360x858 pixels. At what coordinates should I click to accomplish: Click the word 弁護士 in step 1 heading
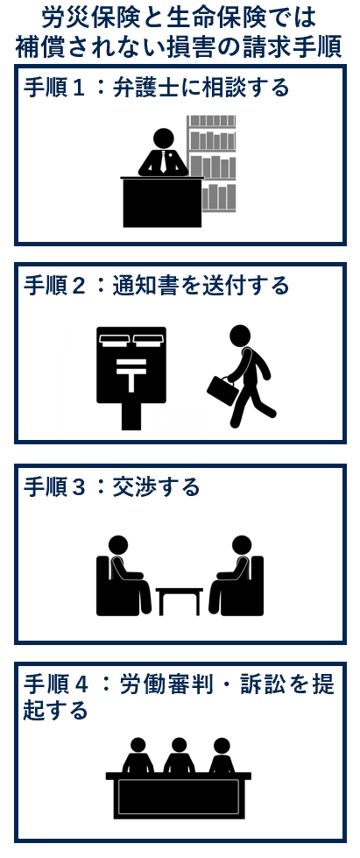pos(142,88)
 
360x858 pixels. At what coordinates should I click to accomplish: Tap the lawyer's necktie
pos(163,162)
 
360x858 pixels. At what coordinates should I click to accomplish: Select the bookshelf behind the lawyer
pos(212,162)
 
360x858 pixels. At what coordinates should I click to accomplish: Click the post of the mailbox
pos(131,417)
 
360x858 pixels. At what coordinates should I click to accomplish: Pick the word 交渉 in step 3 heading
pos(127,486)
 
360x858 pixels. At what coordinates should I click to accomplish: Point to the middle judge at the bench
pos(179,755)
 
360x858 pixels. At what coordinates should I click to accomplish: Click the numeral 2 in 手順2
pos(79,286)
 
